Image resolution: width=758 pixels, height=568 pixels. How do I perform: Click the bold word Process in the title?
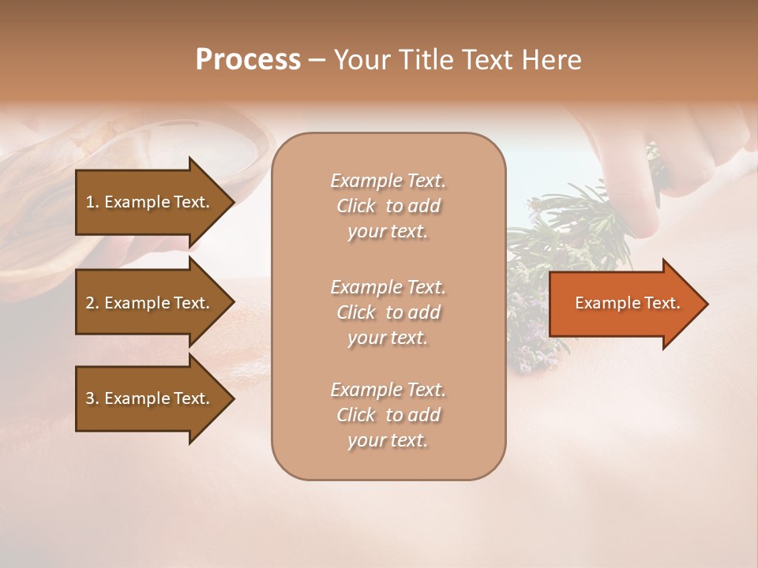(x=248, y=60)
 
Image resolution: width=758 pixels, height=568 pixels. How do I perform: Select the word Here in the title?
(x=551, y=60)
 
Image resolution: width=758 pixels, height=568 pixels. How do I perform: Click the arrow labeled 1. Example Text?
(x=150, y=202)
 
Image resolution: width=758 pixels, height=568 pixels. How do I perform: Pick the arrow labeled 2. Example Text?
(x=150, y=303)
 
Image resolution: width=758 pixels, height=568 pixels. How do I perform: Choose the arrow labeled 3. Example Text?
(x=150, y=398)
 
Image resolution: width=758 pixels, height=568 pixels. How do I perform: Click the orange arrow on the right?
(x=624, y=304)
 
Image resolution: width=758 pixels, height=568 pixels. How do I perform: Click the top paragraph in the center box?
(x=388, y=206)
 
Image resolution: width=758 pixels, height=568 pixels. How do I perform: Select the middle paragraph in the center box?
(x=388, y=312)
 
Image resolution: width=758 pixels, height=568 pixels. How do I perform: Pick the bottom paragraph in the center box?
(x=388, y=415)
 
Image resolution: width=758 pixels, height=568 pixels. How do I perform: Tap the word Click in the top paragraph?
(x=356, y=206)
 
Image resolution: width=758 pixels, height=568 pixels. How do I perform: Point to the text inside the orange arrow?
(x=627, y=303)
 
